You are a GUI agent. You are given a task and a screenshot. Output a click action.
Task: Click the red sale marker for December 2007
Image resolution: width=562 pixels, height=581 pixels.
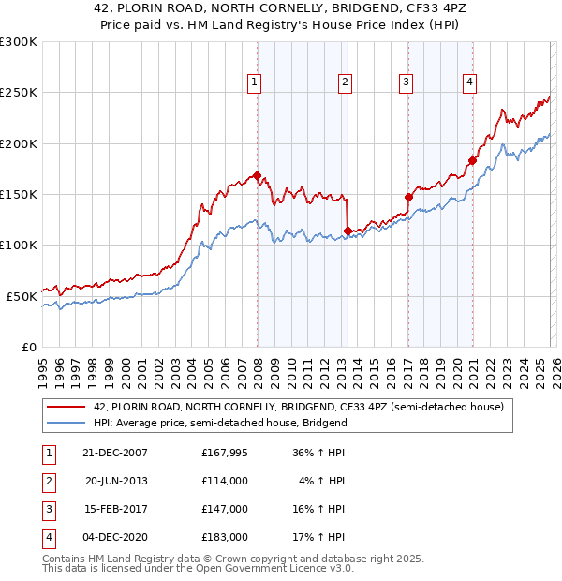click(257, 175)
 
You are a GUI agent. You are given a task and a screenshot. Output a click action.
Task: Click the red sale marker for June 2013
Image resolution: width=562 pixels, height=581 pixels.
click(348, 231)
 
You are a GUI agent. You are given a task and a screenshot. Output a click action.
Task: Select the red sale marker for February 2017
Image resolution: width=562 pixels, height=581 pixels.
click(408, 197)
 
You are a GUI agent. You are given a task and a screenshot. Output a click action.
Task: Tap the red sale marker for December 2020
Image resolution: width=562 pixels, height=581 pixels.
click(472, 160)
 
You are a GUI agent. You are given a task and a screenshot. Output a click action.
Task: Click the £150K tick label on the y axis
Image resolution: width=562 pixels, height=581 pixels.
click(19, 195)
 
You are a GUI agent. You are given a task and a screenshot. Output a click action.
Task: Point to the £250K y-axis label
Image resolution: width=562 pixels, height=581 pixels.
click(19, 93)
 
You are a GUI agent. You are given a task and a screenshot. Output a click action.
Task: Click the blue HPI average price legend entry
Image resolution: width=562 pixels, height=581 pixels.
click(220, 423)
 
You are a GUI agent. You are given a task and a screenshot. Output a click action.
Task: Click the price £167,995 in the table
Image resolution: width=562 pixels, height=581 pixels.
click(225, 453)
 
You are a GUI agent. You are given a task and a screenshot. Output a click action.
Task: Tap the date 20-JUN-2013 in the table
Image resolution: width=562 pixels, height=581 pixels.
click(117, 481)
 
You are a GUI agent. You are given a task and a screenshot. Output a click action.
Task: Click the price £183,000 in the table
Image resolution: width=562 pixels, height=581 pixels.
click(225, 537)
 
